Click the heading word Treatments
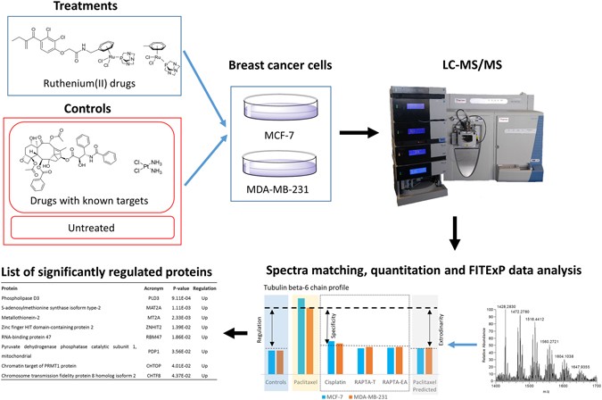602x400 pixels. pos(69,11)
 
